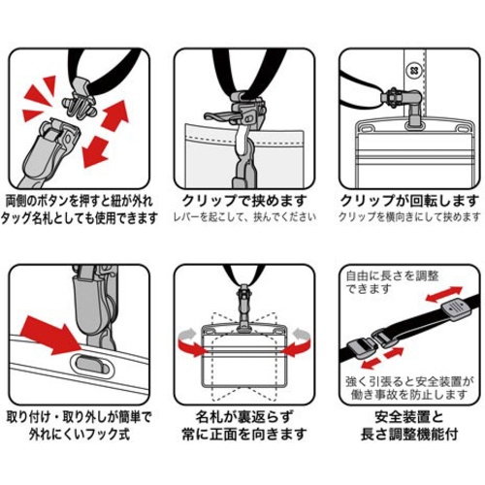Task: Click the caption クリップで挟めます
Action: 244,201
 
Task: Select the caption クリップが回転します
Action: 409,201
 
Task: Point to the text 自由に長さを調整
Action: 392,276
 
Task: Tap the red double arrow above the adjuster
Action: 443,294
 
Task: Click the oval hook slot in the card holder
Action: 92,364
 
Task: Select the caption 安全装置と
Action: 409,417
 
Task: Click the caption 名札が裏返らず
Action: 244,417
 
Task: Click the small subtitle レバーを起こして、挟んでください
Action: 244,217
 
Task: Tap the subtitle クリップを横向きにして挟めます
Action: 409,217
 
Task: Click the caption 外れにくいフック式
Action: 80,434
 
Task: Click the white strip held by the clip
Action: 242,140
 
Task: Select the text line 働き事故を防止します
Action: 409,395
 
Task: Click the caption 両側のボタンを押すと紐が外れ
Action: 80,201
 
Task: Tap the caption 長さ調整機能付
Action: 409,434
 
